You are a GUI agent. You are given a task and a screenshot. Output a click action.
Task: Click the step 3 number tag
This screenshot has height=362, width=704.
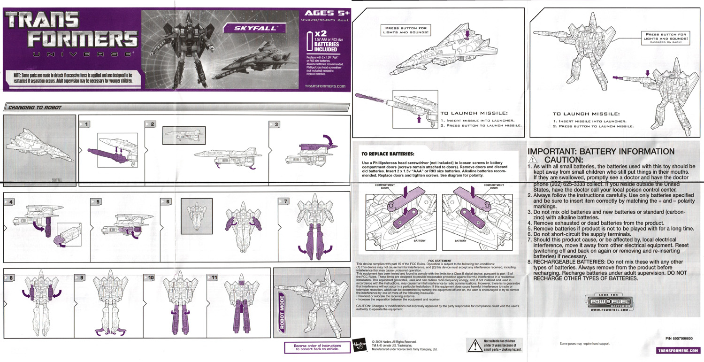click(274, 124)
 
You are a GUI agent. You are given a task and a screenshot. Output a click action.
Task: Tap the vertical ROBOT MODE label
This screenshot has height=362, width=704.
click(282, 312)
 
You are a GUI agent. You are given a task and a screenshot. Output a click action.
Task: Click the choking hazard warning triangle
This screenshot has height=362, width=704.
click(474, 346)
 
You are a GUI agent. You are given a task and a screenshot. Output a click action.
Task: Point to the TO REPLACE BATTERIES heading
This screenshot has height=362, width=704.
click(387, 154)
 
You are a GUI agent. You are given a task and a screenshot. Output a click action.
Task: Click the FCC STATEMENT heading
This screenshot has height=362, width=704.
click(440, 260)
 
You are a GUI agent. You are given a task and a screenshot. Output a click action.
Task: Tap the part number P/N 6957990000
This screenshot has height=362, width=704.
click(681, 339)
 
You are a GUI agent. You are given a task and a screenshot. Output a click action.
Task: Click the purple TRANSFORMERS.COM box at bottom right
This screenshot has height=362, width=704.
click(678, 350)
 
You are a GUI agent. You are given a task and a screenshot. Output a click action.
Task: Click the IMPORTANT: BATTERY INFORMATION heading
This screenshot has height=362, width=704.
click(601, 152)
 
